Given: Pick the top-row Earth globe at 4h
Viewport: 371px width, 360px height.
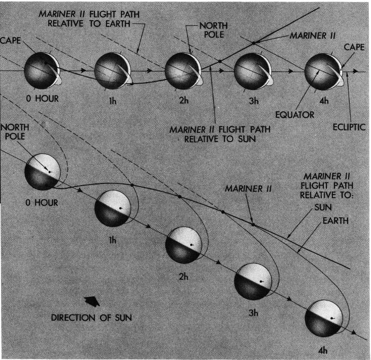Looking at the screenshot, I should [x=322, y=71].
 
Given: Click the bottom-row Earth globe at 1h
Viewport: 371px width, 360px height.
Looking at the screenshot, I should [x=112, y=209].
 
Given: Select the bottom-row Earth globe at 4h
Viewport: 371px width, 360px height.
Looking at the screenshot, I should [x=323, y=317].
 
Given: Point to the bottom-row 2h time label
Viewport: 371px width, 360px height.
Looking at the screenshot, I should [x=183, y=276].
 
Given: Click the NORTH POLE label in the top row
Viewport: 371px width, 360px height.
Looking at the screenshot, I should [x=211, y=30].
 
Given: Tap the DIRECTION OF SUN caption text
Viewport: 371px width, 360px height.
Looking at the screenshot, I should [x=92, y=318].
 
